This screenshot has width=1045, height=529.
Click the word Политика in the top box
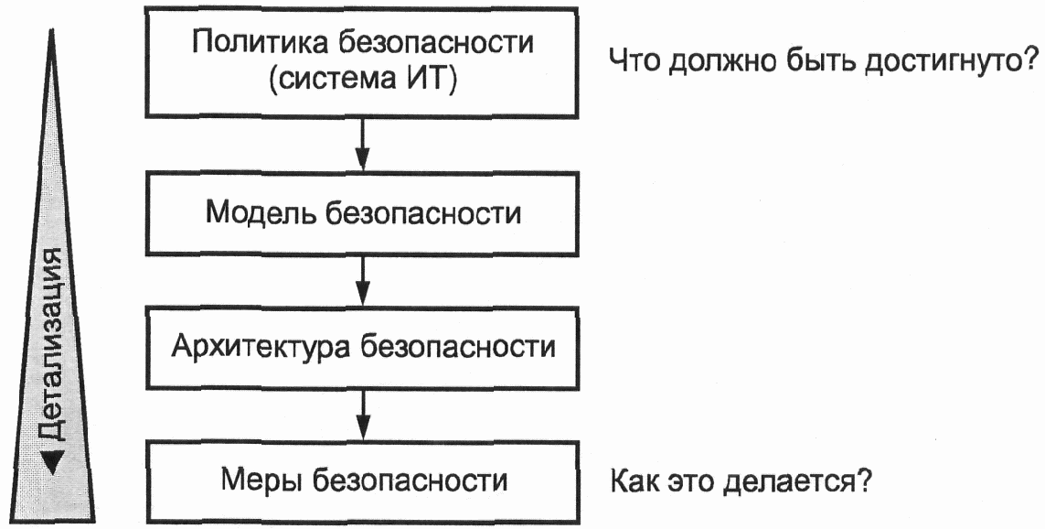point(257,44)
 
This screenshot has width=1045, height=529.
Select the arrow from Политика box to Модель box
point(362,144)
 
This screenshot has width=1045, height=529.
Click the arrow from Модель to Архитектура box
point(362,279)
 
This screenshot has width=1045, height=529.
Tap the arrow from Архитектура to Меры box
point(362,414)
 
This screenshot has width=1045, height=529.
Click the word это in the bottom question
point(689,481)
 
